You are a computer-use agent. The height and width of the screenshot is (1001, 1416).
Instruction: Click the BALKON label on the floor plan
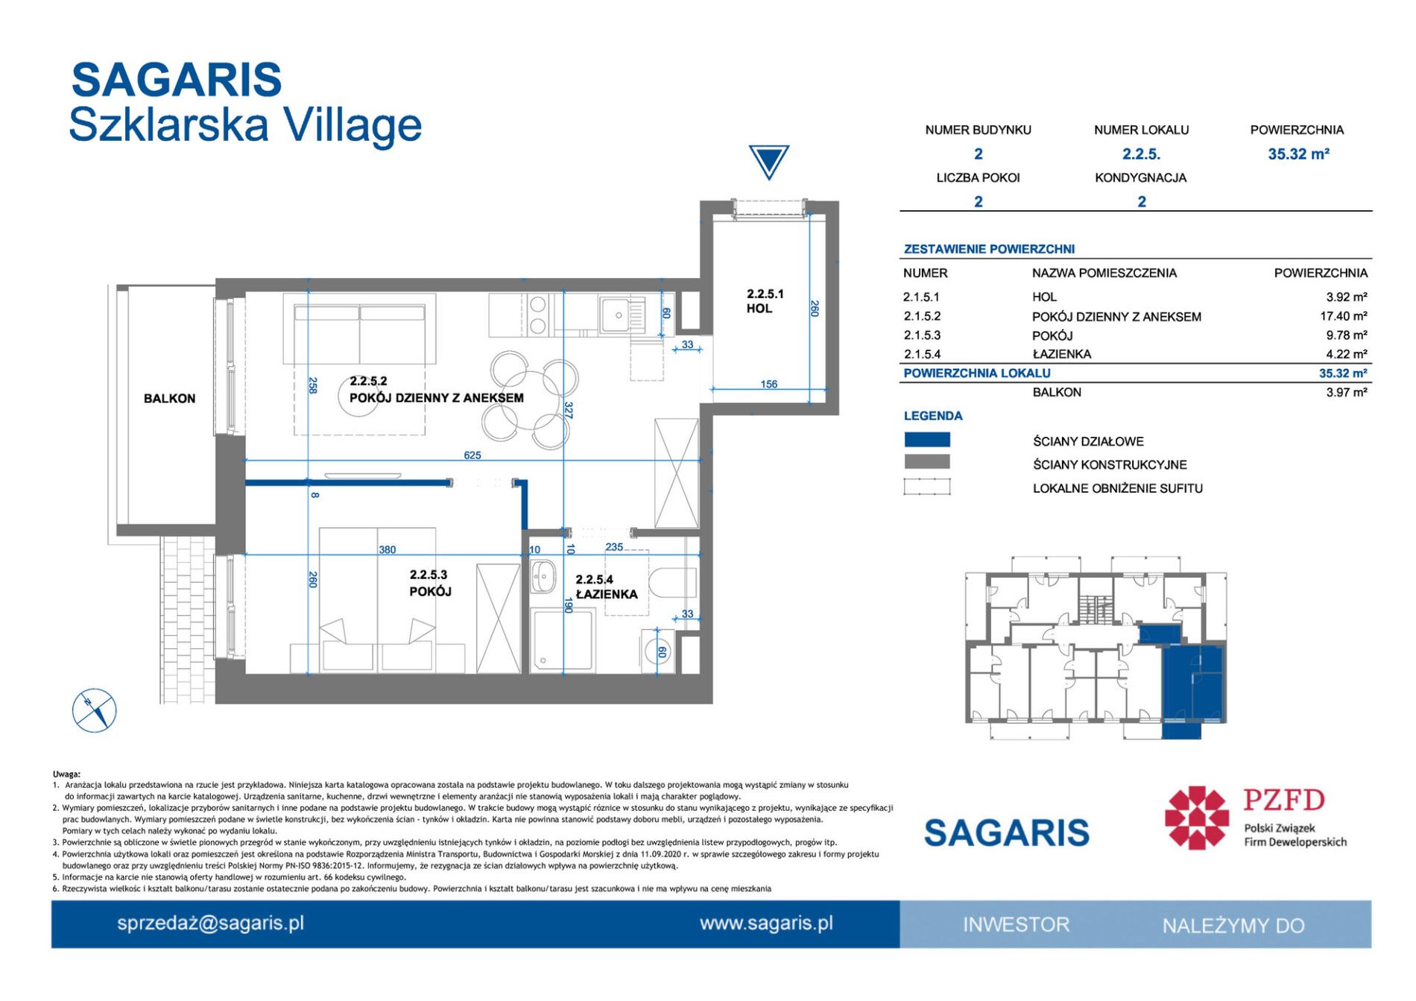pos(169,399)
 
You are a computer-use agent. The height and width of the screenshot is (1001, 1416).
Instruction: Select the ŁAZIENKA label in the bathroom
pos(607,594)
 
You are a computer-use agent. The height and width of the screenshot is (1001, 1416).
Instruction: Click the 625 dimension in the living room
pos(472,455)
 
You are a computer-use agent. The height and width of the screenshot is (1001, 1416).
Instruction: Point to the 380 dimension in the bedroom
pos(388,549)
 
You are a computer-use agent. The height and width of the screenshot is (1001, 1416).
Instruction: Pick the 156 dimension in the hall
pos(769,384)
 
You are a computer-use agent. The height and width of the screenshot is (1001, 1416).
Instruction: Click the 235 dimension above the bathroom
pos(614,546)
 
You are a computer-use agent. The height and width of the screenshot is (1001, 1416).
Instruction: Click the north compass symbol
pos(95,710)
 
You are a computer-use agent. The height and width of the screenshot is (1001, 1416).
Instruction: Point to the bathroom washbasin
pos(543,577)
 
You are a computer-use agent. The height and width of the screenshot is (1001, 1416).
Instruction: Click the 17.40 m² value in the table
pos(1344,316)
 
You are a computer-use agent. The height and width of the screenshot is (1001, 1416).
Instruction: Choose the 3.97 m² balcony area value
pos(1347,392)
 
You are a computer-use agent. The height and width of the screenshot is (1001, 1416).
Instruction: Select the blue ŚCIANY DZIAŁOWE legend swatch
pos(927,440)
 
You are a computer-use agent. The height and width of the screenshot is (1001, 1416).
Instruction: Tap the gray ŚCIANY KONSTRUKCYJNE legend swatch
pos(927,462)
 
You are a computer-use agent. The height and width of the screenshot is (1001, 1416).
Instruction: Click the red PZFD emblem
pos(1197,818)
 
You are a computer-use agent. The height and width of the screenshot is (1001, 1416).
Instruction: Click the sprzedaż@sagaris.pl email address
pos(211,923)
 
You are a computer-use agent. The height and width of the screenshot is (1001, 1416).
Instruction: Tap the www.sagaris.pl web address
pos(766,923)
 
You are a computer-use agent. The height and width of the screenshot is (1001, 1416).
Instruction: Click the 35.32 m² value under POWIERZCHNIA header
pos(1298,154)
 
